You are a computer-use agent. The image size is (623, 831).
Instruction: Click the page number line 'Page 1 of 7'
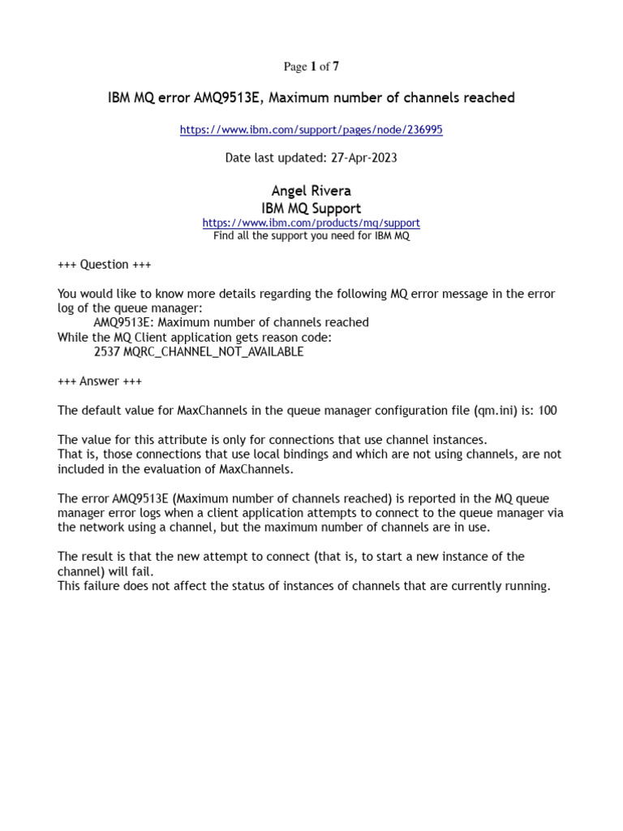311,67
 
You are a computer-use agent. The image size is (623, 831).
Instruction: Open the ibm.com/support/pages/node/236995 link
311,130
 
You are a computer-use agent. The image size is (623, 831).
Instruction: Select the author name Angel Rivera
311,192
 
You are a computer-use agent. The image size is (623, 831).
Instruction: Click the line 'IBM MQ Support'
311,209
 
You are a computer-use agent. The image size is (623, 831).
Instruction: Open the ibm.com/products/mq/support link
311,223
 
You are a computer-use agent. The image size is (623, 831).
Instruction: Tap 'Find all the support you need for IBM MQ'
311,236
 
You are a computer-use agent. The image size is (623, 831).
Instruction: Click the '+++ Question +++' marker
105,265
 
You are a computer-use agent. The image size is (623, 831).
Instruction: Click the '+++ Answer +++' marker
100,381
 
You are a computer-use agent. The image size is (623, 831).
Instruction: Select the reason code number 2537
106,352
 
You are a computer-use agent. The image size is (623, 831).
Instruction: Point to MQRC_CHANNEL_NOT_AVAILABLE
213,352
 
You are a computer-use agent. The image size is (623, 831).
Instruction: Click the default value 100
548,411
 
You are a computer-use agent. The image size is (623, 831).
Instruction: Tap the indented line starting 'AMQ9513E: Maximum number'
231,323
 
